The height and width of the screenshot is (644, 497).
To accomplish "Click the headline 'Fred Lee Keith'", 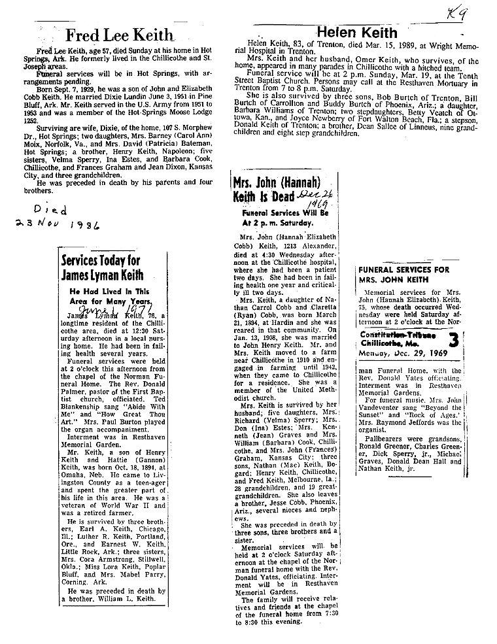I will (120, 35).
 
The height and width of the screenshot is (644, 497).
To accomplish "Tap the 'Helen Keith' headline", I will (356, 32).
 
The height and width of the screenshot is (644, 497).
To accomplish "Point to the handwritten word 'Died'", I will (50, 211).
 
